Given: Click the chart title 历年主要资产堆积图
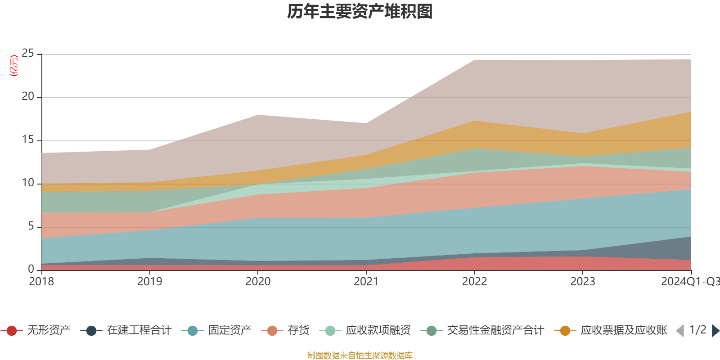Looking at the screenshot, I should click(x=360, y=12).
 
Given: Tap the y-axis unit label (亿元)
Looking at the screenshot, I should click(x=14, y=66).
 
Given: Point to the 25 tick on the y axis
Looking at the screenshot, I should click(x=28, y=54).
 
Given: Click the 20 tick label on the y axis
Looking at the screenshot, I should click(x=28, y=97).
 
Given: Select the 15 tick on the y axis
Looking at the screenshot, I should click(x=28, y=140).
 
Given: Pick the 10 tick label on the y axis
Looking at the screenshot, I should click(x=28, y=183).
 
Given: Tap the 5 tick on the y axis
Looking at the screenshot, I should click(x=31, y=226).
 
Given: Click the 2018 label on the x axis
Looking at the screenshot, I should click(x=41, y=282).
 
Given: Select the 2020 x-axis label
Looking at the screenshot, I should click(x=258, y=282).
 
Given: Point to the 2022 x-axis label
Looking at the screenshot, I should click(x=474, y=282).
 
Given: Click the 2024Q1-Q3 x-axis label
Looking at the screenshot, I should click(x=689, y=282).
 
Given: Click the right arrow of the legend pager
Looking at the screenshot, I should click(x=715, y=331).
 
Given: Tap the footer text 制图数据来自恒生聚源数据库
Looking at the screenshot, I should click(x=360, y=355).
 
